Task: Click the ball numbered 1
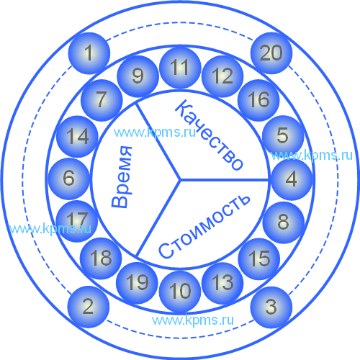pyautogui.click(x=89, y=53)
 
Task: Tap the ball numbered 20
pyautogui.click(x=271, y=53)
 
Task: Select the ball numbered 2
pyautogui.click(x=89, y=307)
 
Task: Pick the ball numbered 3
pyautogui.click(x=271, y=307)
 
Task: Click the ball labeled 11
pyautogui.click(x=180, y=68)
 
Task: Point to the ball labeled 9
pyautogui.click(x=138, y=76)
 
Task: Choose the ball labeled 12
pyautogui.click(x=222, y=76)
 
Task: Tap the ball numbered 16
pyautogui.click(x=258, y=100)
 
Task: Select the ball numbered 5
pyautogui.click(x=283, y=136)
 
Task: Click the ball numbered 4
pyautogui.click(x=292, y=179)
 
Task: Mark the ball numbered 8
pyautogui.click(x=284, y=222)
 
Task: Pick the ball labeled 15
pyautogui.click(x=259, y=259)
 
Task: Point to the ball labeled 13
pyautogui.click(x=222, y=283)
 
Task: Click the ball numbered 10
pyautogui.click(x=180, y=292)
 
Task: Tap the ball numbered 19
pyautogui.click(x=137, y=283)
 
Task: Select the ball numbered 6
pyautogui.click(x=69, y=179)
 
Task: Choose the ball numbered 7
pyautogui.click(x=102, y=100)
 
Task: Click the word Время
pyautogui.click(x=122, y=177)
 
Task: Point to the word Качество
pyautogui.click(x=209, y=135)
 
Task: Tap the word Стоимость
pyautogui.click(x=204, y=226)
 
